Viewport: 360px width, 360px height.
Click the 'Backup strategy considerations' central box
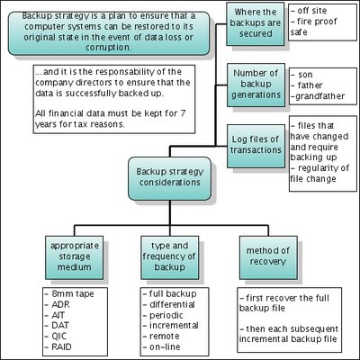coord(169,178)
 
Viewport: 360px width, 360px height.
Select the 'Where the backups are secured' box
coord(255,24)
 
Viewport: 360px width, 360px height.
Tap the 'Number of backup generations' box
coord(256,85)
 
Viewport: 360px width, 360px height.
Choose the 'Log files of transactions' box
coord(256,146)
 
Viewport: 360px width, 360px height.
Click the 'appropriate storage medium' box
coord(74,257)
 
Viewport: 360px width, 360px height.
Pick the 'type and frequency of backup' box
coord(169,257)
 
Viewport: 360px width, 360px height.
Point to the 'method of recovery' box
coord(268,257)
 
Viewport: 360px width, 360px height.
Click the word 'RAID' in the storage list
coord(61,347)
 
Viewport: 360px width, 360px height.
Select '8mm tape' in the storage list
coord(73,293)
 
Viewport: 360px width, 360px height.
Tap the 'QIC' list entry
coord(59,337)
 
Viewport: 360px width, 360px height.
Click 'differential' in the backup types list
coord(172,304)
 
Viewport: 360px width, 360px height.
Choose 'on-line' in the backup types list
coord(165,347)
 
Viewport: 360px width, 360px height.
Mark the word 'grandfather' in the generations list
coord(319,96)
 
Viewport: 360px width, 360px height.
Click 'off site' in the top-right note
coord(312,11)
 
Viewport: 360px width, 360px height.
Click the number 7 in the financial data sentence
coord(183,113)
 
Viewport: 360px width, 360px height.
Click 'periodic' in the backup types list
coord(166,315)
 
